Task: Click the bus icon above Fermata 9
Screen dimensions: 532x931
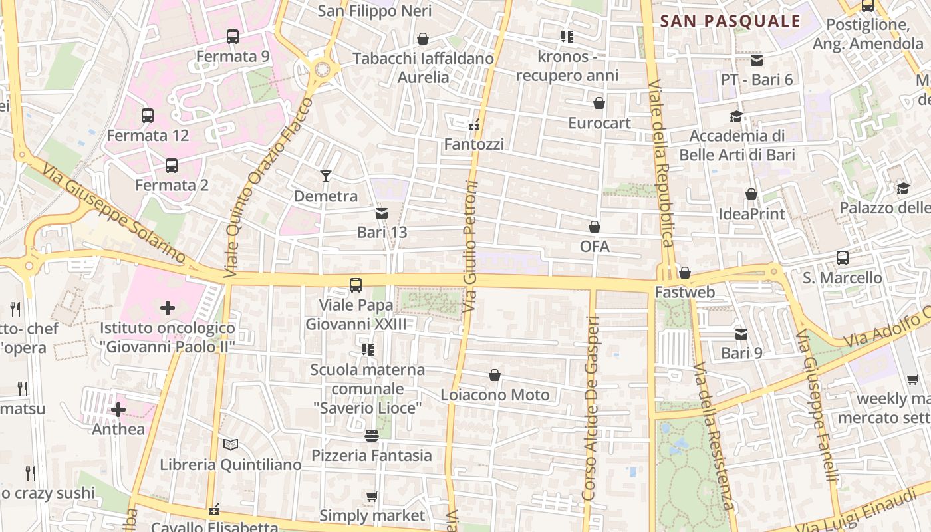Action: [232, 37]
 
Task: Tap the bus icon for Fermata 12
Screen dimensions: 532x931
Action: [148, 116]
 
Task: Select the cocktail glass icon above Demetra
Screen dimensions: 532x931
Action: [326, 176]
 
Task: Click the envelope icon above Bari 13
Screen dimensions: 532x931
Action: [382, 213]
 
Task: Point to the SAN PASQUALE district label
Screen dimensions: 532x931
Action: [730, 21]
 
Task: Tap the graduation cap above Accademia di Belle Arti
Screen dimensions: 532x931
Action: [736, 117]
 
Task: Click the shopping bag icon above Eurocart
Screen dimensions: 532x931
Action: [599, 103]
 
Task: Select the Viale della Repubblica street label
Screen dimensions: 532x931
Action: [662, 173]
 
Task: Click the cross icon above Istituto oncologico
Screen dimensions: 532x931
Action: [168, 307]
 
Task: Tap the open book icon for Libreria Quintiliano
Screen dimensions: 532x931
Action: [231, 444]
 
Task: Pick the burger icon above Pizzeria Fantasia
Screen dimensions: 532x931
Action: [372, 436]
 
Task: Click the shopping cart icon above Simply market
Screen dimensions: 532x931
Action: [372, 496]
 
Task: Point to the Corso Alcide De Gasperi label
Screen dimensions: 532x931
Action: [591, 409]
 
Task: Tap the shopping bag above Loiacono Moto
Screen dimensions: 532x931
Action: [495, 376]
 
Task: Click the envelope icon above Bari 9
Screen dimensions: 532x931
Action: [741, 334]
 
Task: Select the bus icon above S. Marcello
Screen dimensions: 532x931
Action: [843, 257]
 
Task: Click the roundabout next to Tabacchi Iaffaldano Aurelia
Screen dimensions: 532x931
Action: [323, 68]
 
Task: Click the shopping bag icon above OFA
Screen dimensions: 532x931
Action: [595, 227]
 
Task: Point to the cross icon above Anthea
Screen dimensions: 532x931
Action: [118, 410]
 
